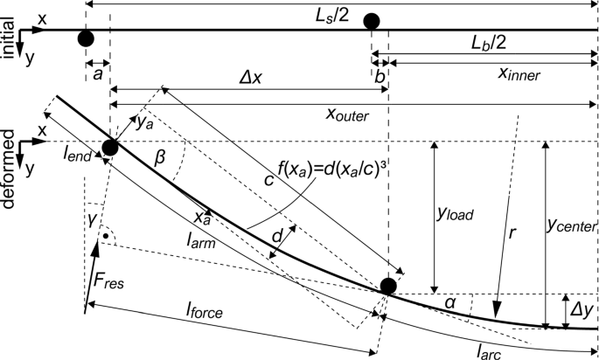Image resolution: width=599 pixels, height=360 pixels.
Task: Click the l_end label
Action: (x=77, y=155)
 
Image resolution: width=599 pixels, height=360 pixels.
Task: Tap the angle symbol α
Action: (x=451, y=302)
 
